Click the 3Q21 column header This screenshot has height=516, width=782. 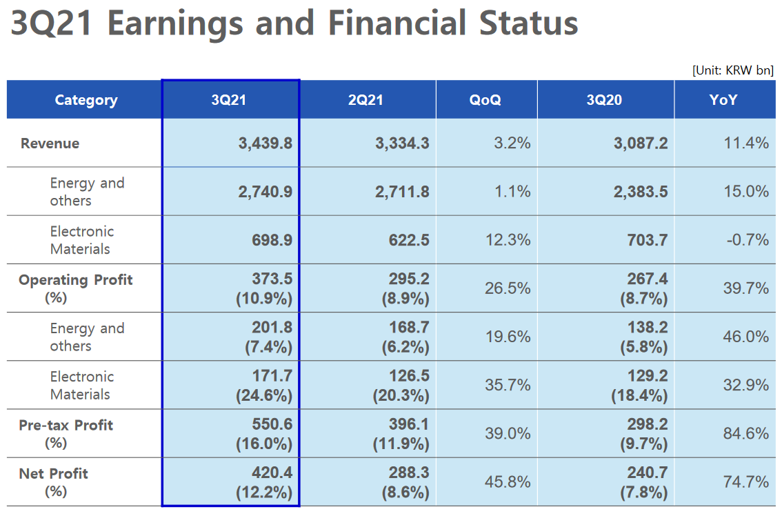229,100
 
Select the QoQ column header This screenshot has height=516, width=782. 485,100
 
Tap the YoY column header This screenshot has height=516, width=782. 723,100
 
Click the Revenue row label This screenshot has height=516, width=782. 50,143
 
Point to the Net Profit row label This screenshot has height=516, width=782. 54,474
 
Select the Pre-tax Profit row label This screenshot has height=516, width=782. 66,426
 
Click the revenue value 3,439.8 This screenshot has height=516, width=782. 265,143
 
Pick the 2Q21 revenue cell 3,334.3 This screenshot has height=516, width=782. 402,143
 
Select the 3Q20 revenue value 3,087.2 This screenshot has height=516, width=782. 641,143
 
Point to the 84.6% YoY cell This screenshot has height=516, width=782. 745,433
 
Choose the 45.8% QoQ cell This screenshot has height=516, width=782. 508,482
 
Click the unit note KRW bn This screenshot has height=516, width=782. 733,70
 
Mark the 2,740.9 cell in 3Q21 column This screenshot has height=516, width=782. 265,192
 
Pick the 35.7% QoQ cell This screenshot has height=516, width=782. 508,385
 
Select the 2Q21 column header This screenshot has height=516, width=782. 365,100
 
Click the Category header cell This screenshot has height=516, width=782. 86,100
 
